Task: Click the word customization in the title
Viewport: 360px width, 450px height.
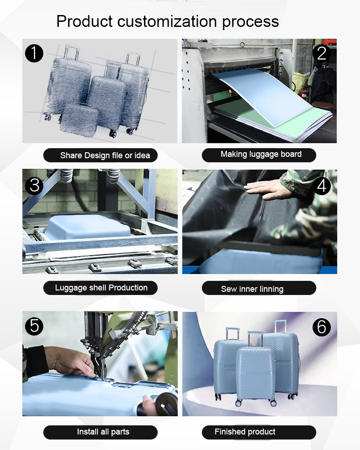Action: point(167,21)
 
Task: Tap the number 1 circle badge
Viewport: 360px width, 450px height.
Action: point(34,53)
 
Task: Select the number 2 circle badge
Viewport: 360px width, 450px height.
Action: point(322,53)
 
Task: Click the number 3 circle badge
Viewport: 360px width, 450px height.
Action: point(34,186)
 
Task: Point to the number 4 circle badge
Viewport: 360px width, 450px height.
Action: point(322,186)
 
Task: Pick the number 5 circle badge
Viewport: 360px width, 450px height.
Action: point(34,326)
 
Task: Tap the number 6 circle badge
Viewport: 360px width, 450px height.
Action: point(322,327)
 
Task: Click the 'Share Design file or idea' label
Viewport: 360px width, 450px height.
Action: point(105,155)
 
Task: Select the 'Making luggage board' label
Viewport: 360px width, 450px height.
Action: point(261,155)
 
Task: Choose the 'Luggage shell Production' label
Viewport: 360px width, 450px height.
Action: point(101,288)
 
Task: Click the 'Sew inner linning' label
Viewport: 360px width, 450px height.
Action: point(252,289)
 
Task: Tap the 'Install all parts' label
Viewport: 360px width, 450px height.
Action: point(103,432)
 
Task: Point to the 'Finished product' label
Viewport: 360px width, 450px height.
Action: point(245,432)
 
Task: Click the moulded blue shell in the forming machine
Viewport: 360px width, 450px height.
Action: point(87,227)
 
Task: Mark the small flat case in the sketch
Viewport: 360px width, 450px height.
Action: point(79,119)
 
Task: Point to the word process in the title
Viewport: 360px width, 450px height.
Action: point(251,22)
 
